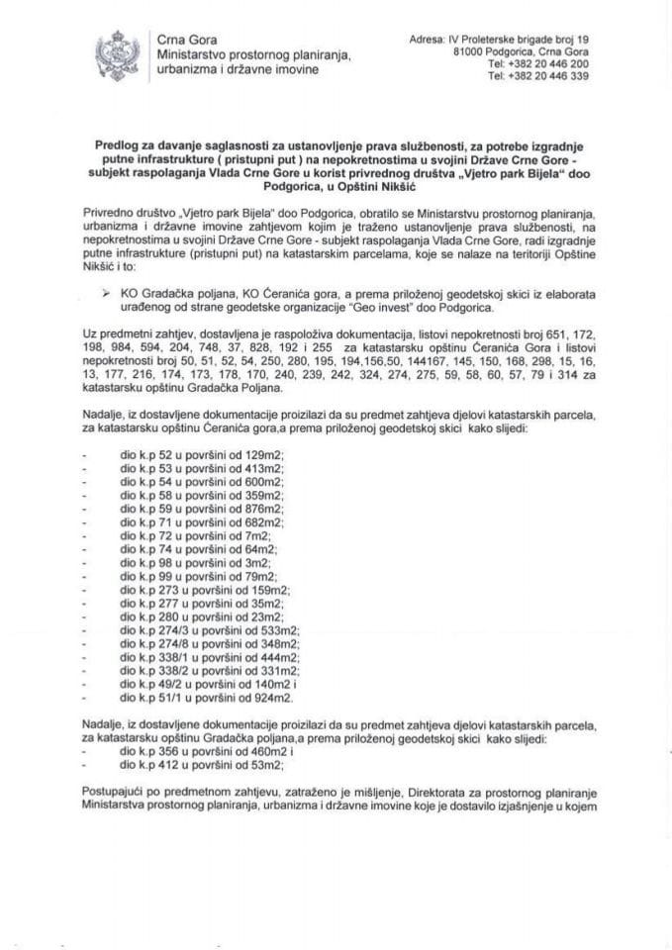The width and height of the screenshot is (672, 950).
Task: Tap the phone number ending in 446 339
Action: click(545, 74)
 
